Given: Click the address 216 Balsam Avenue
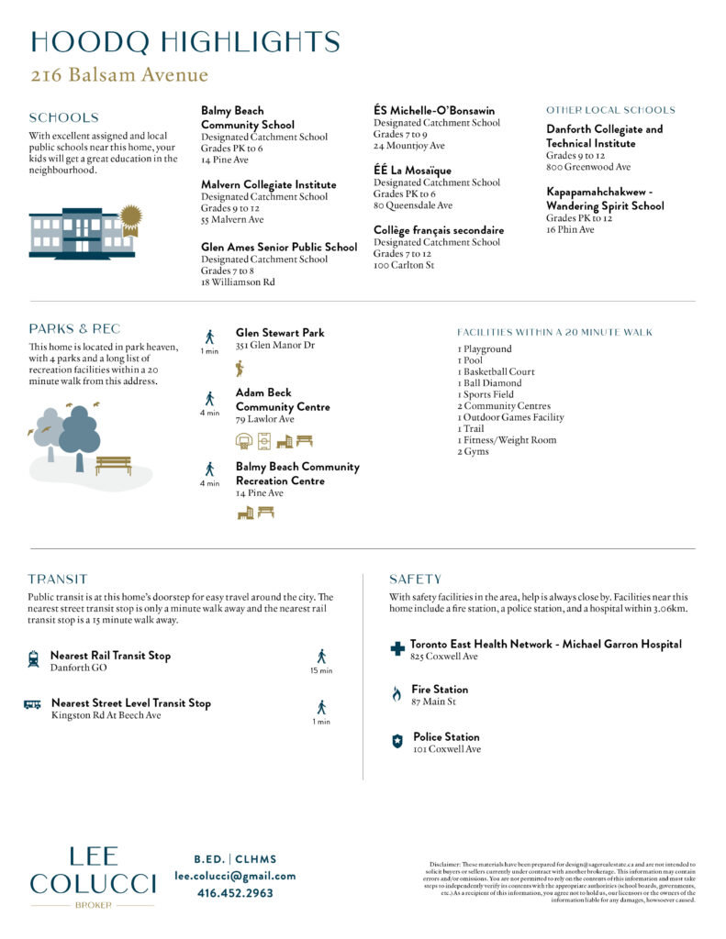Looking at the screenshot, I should click(x=119, y=75).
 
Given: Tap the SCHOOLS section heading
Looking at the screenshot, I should click(x=63, y=117).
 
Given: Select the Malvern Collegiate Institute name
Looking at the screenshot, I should click(x=268, y=184).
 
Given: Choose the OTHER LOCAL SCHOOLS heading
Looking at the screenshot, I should click(x=610, y=110).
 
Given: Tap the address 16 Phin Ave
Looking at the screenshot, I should click(x=570, y=229).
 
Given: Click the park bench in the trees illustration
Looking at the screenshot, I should click(x=113, y=464).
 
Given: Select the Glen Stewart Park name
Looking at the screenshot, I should click(x=279, y=333).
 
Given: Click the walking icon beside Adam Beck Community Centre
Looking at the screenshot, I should click(x=209, y=399).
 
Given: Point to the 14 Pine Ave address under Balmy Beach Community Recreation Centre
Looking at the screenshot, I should click(x=260, y=493).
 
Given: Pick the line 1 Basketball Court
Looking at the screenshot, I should click(x=496, y=371).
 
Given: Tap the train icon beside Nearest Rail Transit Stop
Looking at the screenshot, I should click(x=33, y=657).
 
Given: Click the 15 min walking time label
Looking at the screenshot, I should click(x=321, y=671).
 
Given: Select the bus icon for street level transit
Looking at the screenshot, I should click(x=32, y=704).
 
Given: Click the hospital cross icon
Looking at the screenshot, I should click(x=397, y=648).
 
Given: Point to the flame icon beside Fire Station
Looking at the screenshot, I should click(x=397, y=694).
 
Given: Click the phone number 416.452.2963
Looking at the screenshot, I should click(x=235, y=892).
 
